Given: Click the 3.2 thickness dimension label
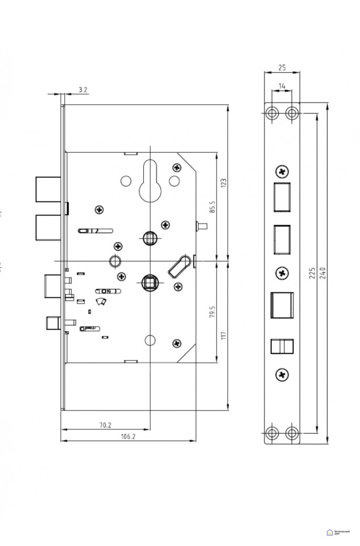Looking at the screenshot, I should click(82, 90).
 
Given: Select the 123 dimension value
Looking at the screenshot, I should click(223, 183).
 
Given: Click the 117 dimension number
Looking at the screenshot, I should click(223, 335).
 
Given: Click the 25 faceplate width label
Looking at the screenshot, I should click(282, 68).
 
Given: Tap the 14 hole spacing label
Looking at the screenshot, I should click(282, 85).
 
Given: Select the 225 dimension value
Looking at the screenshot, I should click(312, 274).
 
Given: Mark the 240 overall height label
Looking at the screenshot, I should click(322, 274).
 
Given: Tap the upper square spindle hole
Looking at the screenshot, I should click(150, 238).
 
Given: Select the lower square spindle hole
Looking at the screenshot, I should click(150, 282).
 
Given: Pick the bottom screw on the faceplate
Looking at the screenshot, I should click(282, 374).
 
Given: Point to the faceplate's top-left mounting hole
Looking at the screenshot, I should click(272, 113).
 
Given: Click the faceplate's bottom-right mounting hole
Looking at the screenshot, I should click(292, 433).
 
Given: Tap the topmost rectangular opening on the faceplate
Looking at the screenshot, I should click(282, 196).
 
